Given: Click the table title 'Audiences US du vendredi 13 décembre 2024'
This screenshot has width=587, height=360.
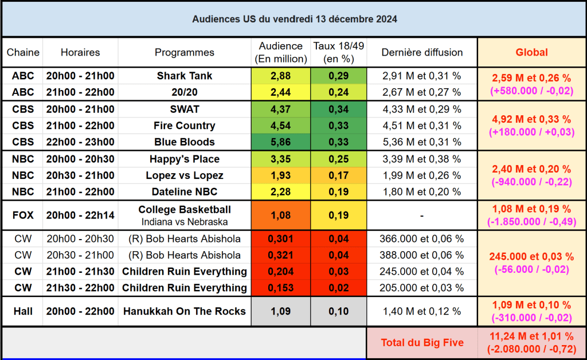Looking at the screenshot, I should [295, 19].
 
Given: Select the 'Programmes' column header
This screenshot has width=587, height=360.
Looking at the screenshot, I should [185, 52].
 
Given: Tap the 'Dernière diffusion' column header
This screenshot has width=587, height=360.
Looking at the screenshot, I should [422, 52].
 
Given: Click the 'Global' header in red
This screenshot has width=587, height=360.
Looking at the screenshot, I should [531, 52].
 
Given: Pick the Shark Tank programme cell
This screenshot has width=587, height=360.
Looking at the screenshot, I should [185, 76].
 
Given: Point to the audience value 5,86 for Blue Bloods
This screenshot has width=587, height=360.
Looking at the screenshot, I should [281, 142].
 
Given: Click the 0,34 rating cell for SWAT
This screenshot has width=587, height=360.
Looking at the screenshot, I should [339, 109].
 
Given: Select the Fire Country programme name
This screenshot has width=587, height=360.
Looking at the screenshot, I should [185, 126].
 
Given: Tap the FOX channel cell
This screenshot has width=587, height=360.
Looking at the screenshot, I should [23, 216].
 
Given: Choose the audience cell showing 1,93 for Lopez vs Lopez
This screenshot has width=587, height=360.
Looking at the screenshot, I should [281, 175].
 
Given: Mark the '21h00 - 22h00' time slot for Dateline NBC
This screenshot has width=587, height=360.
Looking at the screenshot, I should [80, 191].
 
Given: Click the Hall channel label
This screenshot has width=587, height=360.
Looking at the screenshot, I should [23, 312].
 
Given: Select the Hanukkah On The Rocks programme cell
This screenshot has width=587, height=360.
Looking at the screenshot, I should [185, 312].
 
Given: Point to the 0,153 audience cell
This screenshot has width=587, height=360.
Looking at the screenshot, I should [281, 288].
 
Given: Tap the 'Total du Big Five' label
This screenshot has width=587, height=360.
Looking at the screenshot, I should [422, 343].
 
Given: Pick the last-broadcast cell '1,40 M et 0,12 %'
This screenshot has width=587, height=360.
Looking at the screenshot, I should [422, 312].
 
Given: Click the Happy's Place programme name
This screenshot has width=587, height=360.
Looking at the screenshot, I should [185, 159].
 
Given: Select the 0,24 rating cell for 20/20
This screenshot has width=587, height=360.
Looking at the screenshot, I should [339, 92].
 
